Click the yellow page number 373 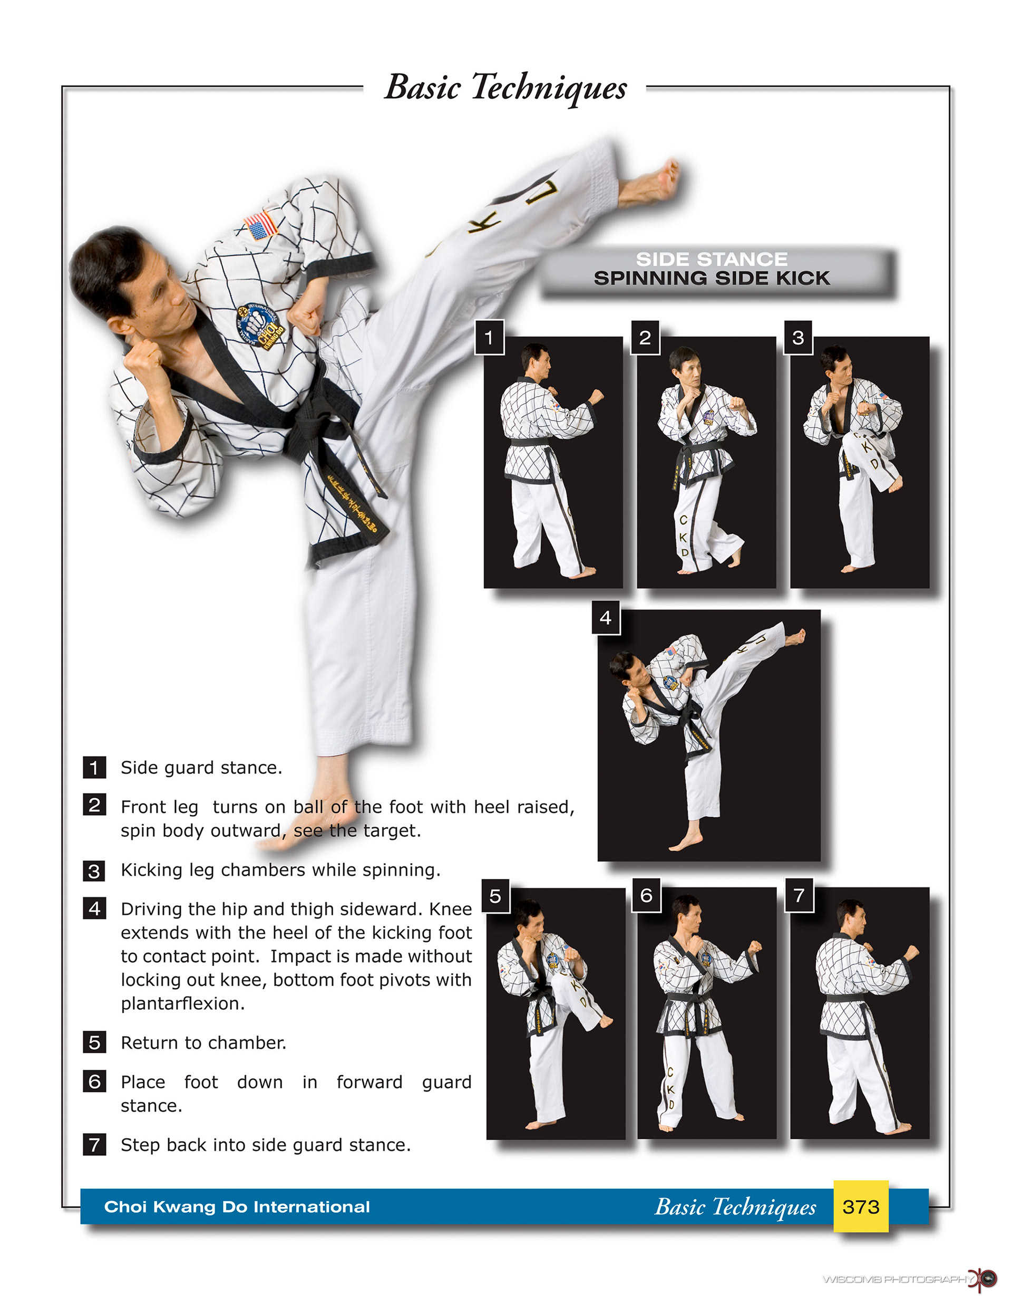[x=860, y=1207]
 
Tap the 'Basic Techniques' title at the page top [x=505, y=88]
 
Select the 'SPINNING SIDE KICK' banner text [x=712, y=278]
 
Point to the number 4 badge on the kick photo [x=606, y=617]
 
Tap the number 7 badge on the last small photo [x=799, y=896]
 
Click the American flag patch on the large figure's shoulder [x=261, y=225]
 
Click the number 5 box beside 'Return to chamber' [x=94, y=1042]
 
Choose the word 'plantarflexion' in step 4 [x=182, y=1003]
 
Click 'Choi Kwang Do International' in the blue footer [x=237, y=1207]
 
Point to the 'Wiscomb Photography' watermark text [x=896, y=1279]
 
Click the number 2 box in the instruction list [x=94, y=805]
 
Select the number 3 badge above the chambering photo [x=799, y=337]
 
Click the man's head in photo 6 [x=687, y=913]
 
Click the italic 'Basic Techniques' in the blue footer [x=735, y=1207]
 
